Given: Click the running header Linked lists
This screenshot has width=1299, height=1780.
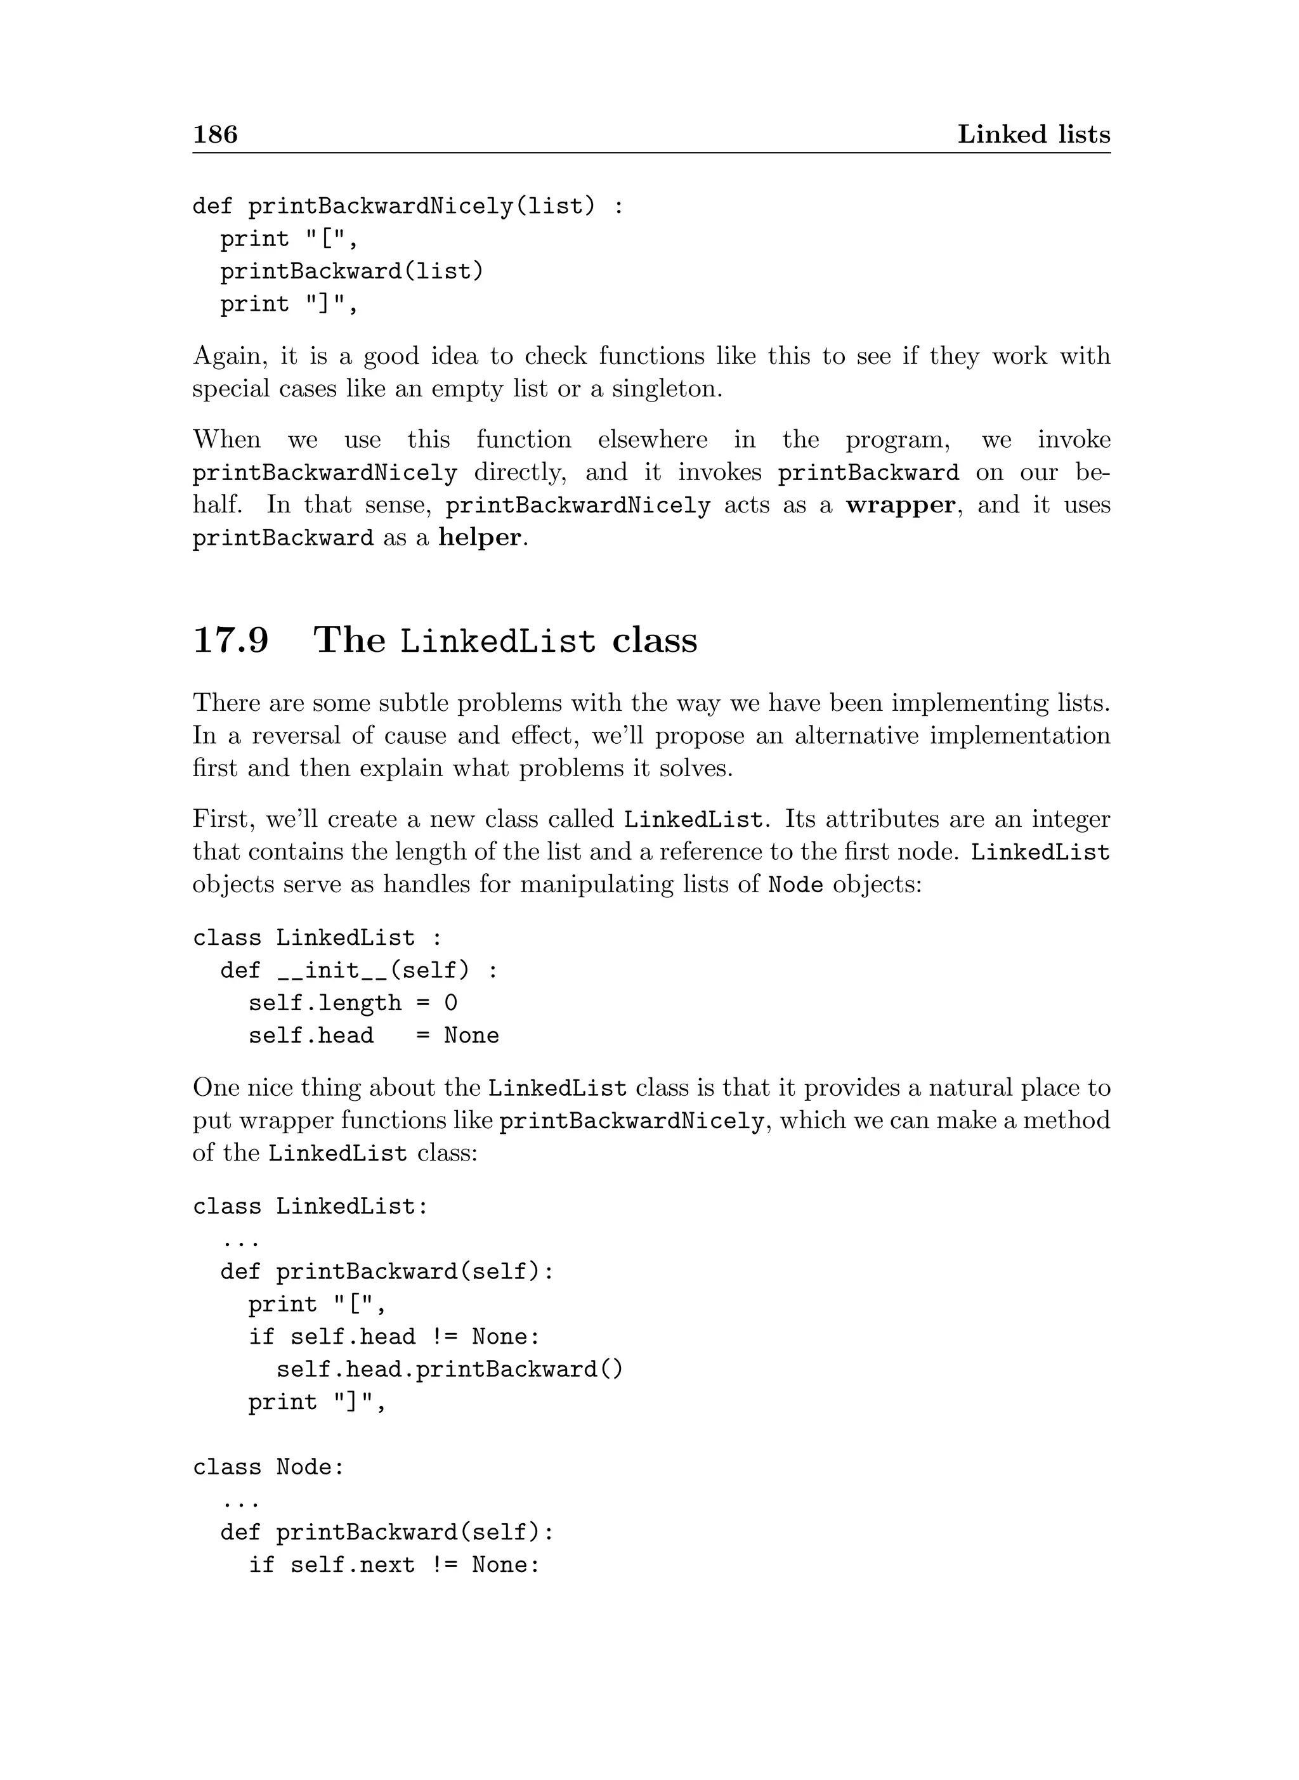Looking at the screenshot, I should click(1033, 134).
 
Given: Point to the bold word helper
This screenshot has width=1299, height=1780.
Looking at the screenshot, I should click(480, 538).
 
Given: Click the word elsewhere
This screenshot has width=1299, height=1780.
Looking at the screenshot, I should click(652, 439).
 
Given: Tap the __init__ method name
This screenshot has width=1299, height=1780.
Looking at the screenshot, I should click(332, 970).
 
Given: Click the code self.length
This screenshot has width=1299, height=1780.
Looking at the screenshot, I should click(325, 1003).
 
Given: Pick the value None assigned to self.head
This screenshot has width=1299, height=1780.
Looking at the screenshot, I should click(471, 1036).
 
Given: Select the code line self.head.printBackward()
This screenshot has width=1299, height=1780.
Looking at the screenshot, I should click(450, 1369).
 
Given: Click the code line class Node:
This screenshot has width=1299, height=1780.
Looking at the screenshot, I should click(269, 1467).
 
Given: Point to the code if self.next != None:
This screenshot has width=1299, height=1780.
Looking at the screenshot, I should click(395, 1564).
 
